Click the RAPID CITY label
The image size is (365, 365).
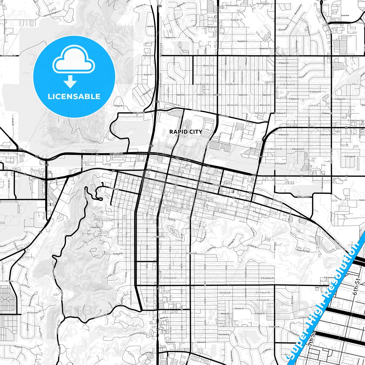coord(186,132)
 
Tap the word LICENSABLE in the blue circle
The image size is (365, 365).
coord(74,96)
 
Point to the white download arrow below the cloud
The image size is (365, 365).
coord(70,82)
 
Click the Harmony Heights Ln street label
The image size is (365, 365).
coord(52,13)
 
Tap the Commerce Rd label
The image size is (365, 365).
coord(8,56)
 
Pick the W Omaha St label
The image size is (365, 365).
coord(116,153)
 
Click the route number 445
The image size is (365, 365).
coord(21,150)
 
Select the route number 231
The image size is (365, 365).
coord(37,157)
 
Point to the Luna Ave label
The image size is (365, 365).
coord(345,15)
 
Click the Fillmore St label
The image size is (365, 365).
coord(174,104)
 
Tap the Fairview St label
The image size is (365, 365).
coord(159,237)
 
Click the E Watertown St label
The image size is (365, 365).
coord(356,120)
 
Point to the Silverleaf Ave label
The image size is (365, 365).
coord(203,237)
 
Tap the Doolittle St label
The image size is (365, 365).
coord(242,41)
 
